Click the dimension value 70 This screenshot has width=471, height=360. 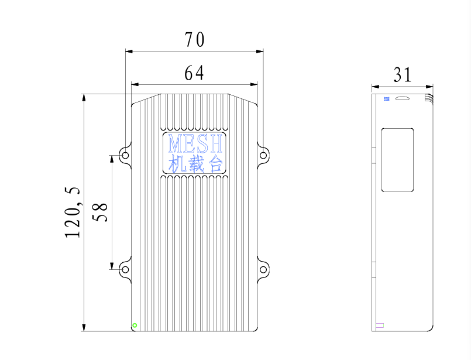[195, 40]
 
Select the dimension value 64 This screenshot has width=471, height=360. [194, 73]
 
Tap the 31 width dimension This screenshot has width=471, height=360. [402, 75]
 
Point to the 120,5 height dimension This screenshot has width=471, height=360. [73, 212]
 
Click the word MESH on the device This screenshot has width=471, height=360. [195, 143]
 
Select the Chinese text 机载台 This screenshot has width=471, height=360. [195, 163]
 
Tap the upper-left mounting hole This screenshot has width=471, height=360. [125, 155]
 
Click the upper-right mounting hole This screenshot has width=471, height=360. [263, 155]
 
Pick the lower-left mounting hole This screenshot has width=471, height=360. [125, 269]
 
